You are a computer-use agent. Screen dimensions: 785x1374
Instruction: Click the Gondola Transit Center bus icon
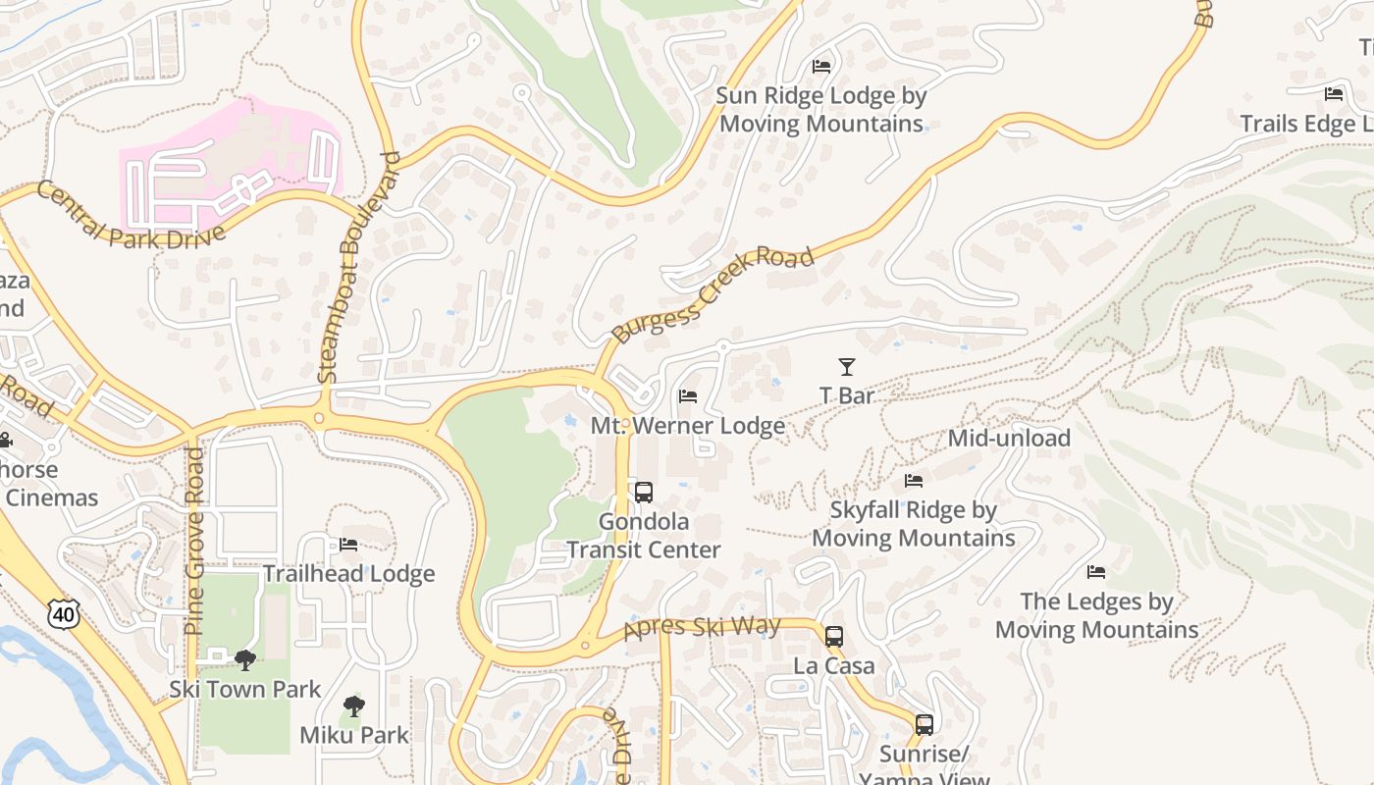(644, 493)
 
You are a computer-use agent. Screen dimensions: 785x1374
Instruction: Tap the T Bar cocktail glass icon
(846, 367)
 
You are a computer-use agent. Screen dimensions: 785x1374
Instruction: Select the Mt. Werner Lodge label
(687, 426)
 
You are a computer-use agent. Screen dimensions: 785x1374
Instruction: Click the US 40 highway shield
(61, 614)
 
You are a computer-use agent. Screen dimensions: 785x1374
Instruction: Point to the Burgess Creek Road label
(712, 294)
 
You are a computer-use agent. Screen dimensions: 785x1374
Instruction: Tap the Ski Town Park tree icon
(245, 660)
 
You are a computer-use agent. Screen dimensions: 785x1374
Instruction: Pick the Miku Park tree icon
(353, 706)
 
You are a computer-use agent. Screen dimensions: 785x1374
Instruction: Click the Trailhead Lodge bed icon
(348, 545)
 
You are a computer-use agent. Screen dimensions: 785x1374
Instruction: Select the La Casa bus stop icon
(834, 637)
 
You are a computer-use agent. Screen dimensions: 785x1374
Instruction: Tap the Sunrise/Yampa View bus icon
(924, 725)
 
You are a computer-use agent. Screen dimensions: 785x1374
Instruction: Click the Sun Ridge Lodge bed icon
(821, 67)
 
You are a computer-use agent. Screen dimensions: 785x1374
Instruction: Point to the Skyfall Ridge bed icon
(913, 481)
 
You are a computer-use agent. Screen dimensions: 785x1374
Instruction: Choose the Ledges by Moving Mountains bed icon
(1096, 572)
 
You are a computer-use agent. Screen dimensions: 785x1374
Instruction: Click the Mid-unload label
(1008, 439)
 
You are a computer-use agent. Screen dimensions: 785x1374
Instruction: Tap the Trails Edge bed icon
(1334, 94)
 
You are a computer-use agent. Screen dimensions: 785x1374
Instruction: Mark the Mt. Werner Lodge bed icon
(688, 396)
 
